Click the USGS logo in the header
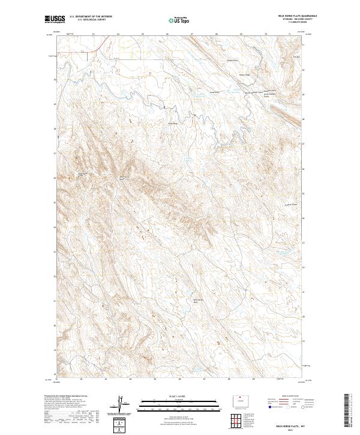[55, 19]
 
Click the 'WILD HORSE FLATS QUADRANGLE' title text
[293, 15]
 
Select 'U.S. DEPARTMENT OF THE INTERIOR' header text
[91, 16]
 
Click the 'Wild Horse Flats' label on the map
[195, 301]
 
